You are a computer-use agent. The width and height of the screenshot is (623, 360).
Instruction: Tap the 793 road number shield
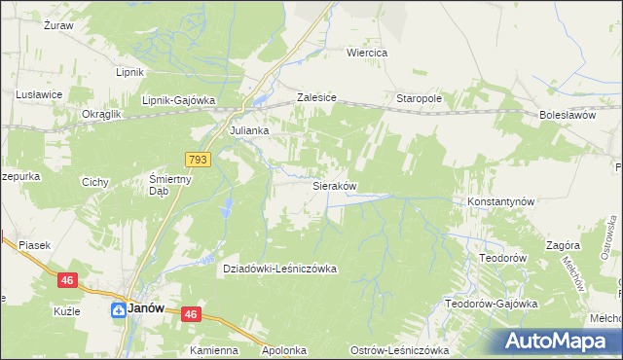197,159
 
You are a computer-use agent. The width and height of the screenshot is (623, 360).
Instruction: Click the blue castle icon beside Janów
116,310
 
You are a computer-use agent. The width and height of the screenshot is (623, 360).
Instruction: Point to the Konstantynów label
502,201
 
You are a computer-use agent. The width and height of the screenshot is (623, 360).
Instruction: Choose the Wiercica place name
368,53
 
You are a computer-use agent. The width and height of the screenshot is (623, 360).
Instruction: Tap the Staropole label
420,99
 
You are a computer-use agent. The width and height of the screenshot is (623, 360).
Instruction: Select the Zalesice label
316,99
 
